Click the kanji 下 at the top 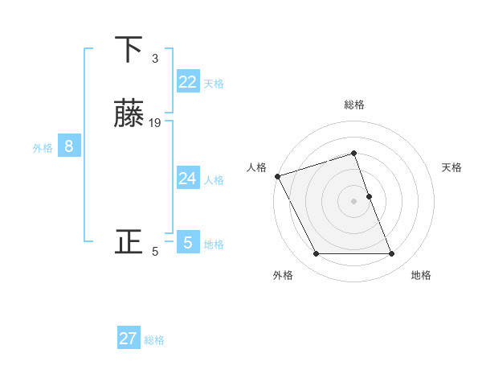point(129,50)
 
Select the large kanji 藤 point(129,114)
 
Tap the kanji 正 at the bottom point(129,241)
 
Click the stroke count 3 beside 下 point(154,58)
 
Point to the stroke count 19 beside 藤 point(155,122)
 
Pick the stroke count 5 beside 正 point(155,252)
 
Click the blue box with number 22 point(188,81)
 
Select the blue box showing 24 point(188,179)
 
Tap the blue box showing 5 point(188,242)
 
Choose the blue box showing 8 point(69,146)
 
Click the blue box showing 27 point(129,339)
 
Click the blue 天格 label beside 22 point(214,84)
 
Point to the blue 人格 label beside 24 point(214,180)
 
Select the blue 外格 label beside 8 point(43,148)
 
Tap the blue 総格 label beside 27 point(154,340)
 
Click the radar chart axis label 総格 point(354,105)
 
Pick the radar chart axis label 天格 point(452,167)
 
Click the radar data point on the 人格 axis point(277,176)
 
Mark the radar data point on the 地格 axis point(392,254)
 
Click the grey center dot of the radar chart point(354,200)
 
